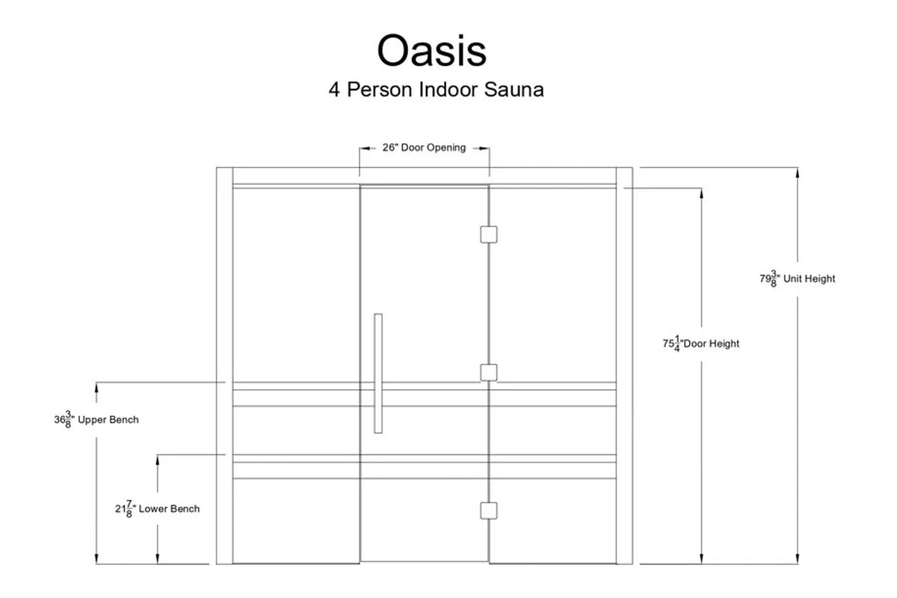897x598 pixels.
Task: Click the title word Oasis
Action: coord(431,51)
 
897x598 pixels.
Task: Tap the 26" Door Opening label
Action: coord(424,148)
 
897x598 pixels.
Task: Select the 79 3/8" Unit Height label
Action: coord(798,279)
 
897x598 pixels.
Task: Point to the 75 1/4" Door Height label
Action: coord(700,344)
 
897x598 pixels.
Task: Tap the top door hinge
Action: coord(488,235)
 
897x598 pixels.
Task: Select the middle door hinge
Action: coord(488,372)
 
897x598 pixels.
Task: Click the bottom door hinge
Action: coord(488,510)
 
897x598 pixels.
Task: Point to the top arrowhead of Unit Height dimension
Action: coord(798,173)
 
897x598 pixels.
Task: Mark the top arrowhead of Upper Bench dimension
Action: coord(96,387)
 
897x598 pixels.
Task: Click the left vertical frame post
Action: coord(224,366)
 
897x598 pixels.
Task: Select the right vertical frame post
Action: coord(624,366)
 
